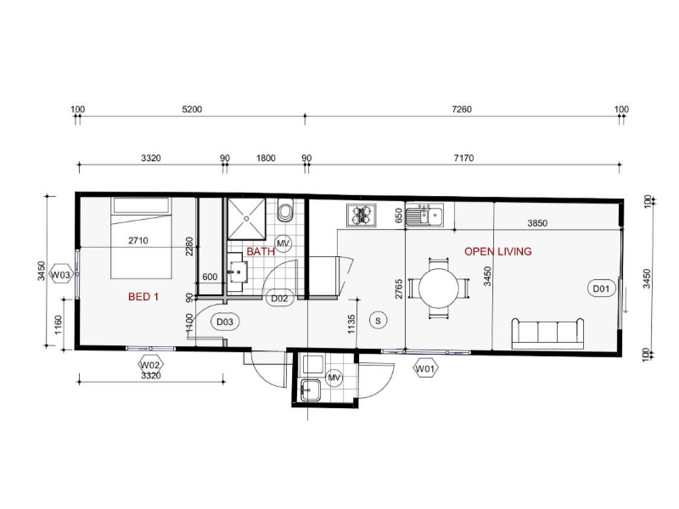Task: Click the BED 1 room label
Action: click(143, 297)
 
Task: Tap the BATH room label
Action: click(261, 251)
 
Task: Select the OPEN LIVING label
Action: click(498, 251)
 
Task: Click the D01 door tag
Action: click(601, 288)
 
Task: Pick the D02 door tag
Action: click(279, 299)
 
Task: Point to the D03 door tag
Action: click(225, 322)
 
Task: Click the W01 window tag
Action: click(425, 369)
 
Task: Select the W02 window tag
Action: click(150, 365)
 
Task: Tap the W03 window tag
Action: click(60, 274)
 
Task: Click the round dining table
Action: click(439, 288)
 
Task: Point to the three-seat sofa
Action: click(547, 333)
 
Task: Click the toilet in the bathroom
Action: click(285, 210)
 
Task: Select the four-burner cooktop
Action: click(362, 215)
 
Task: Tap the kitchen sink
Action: click(424, 215)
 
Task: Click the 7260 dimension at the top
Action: click(462, 109)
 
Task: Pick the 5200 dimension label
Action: click(192, 109)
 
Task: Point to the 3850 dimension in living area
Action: click(537, 223)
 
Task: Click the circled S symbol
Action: click(378, 321)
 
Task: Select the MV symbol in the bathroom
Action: click(283, 243)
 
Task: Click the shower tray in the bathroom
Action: click(246, 219)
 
